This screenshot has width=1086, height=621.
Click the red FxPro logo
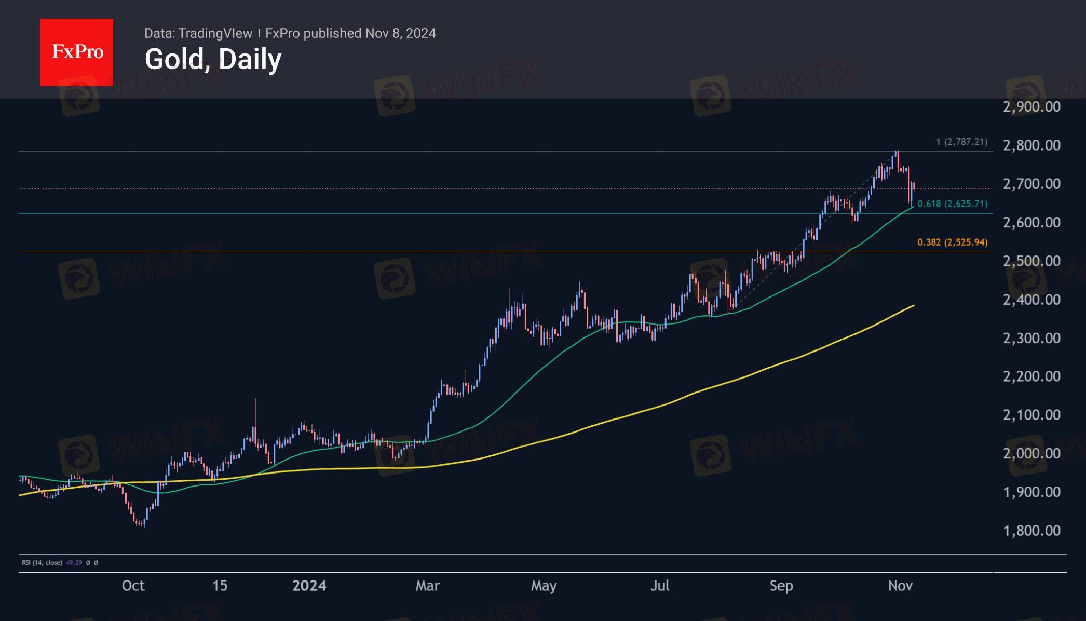[77, 52]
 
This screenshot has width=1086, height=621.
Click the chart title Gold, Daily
[213, 59]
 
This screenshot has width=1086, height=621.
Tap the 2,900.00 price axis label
[1031, 107]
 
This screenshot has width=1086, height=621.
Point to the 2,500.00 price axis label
[1031, 261]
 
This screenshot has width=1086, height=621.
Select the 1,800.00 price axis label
[1031, 530]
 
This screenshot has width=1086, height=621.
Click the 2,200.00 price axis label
[1031, 376]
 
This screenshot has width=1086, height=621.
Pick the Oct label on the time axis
[133, 586]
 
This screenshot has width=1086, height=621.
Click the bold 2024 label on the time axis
[309, 586]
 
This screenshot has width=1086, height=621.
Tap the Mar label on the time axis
[427, 586]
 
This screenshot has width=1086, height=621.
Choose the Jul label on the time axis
[660, 586]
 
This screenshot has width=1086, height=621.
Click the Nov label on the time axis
[900, 586]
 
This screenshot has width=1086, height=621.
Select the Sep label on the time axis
[781, 586]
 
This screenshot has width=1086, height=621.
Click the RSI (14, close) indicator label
[42, 562]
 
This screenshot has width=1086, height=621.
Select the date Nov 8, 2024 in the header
[400, 33]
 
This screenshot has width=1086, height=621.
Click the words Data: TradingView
[198, 33]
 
